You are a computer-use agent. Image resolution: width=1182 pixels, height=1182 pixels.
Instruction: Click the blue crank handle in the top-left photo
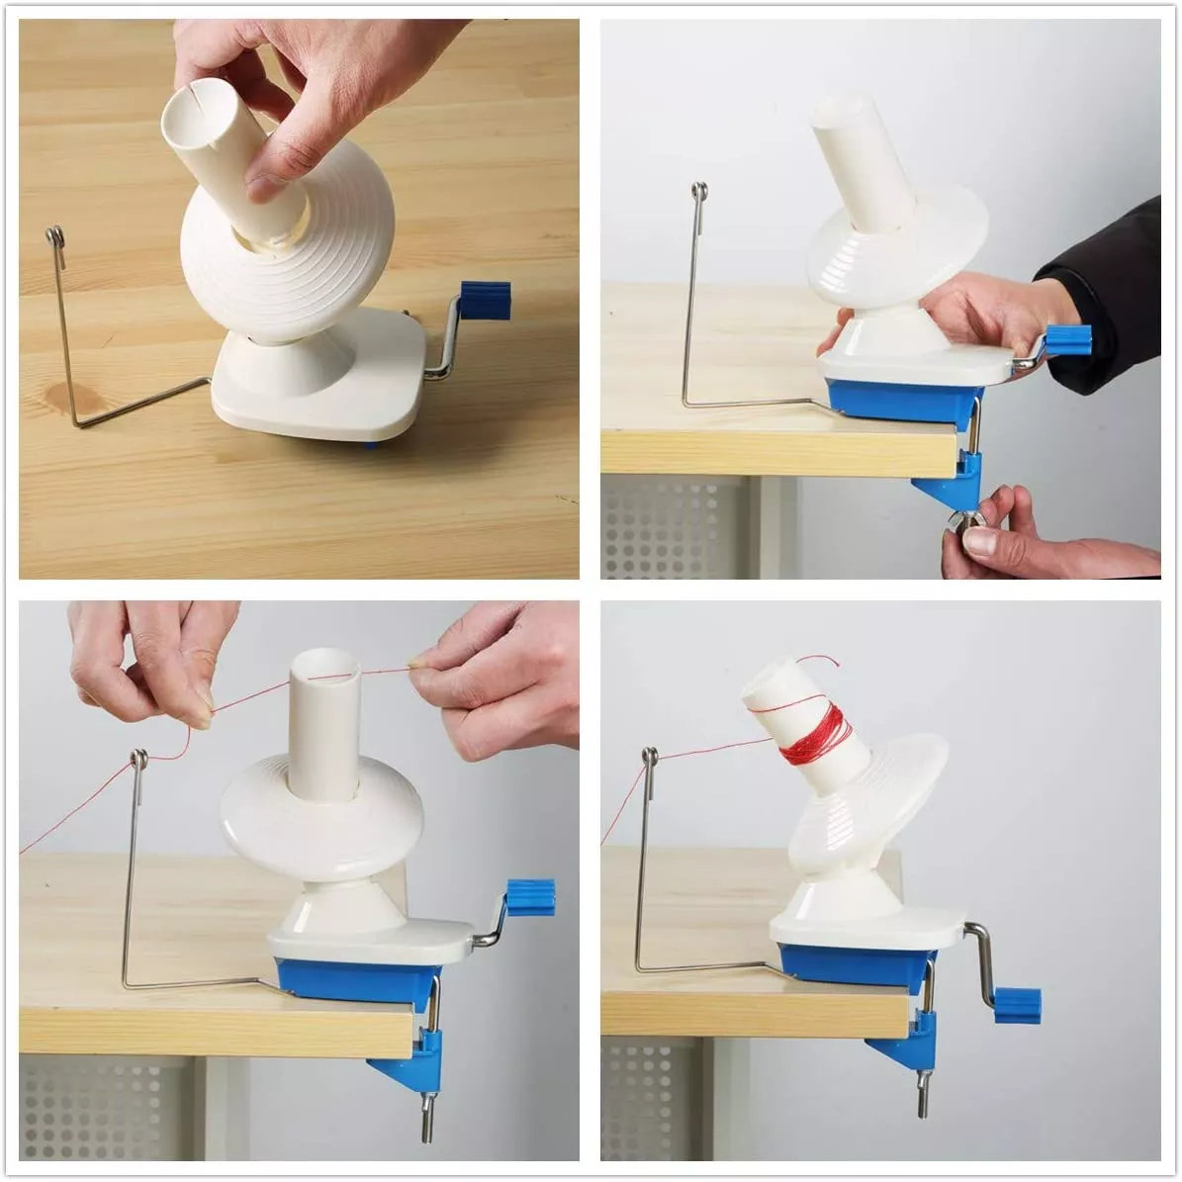click(486, 302)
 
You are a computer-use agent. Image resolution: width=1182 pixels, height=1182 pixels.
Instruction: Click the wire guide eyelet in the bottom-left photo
click(138, 760)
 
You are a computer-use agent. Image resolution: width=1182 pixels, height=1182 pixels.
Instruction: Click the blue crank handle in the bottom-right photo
click(1017, 1004)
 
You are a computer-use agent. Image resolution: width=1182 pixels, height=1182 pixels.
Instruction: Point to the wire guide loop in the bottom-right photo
click(649, 757)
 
